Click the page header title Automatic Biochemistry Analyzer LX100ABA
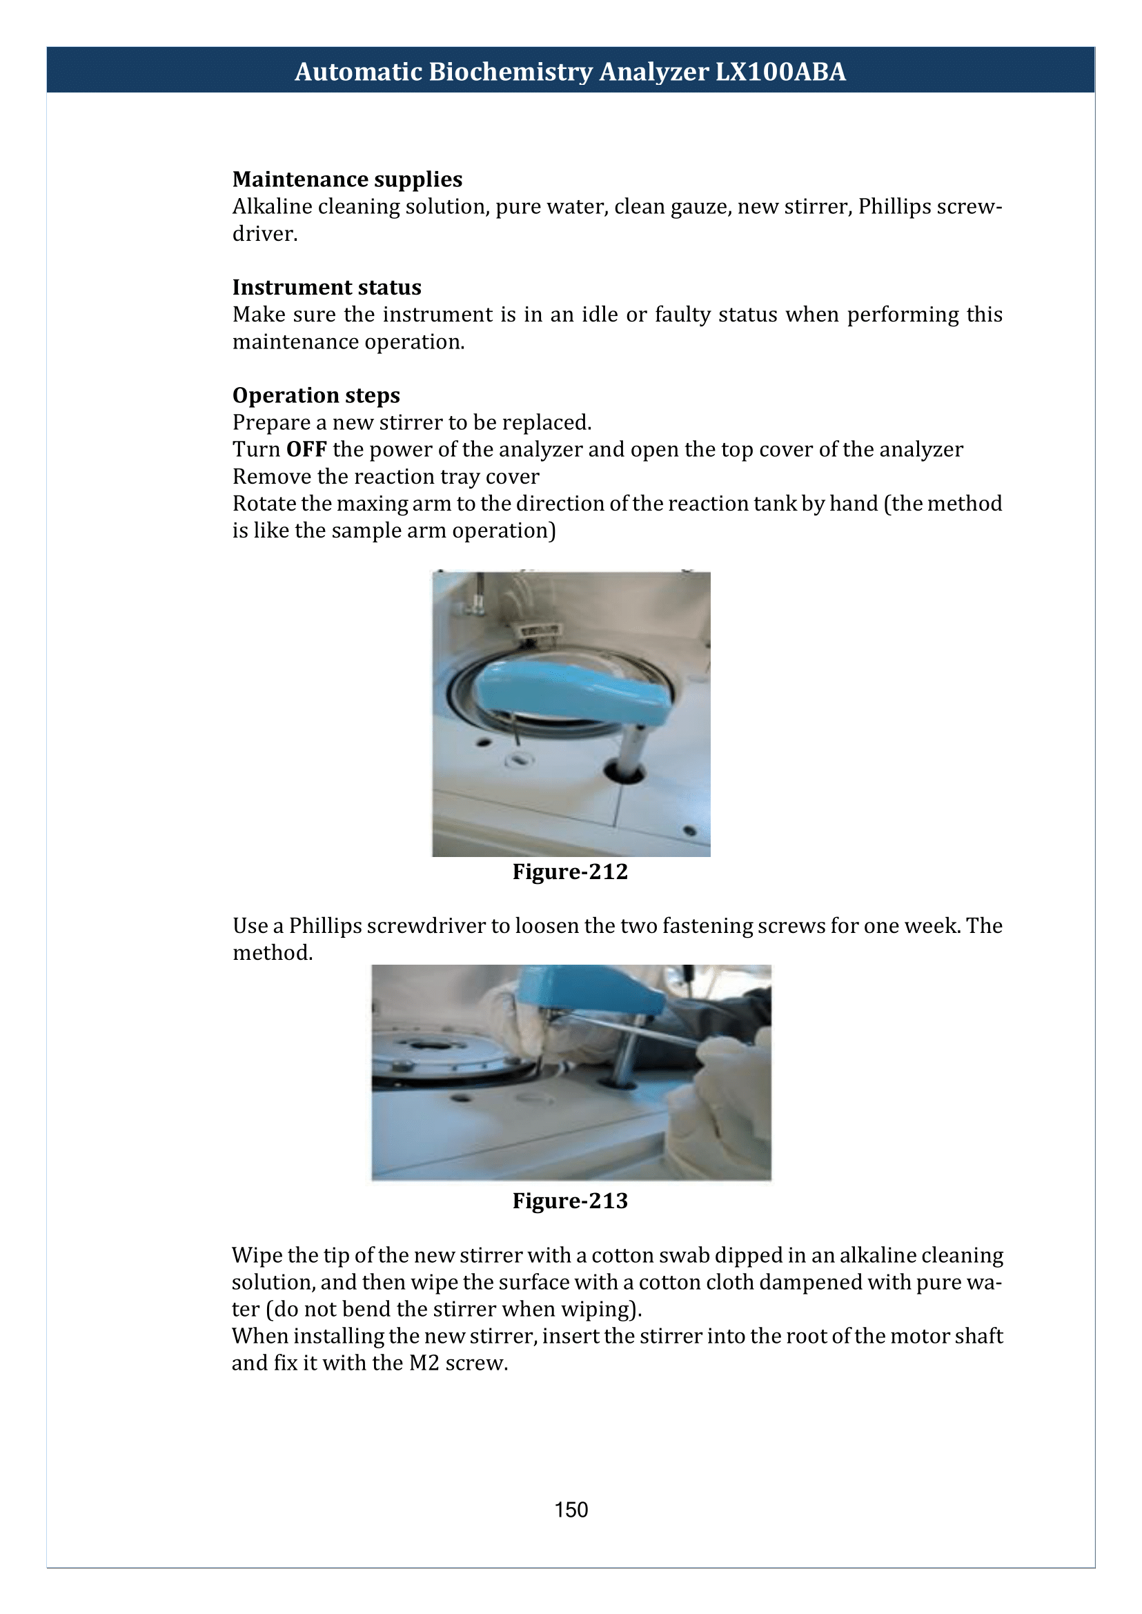point(570,72)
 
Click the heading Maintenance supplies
point(347,179)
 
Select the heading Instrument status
point(327,287)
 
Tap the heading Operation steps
point(317,395)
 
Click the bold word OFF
point(306,449)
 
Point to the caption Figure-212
point(570,872)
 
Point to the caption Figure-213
point(570,1201)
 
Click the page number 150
point(571,1510)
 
